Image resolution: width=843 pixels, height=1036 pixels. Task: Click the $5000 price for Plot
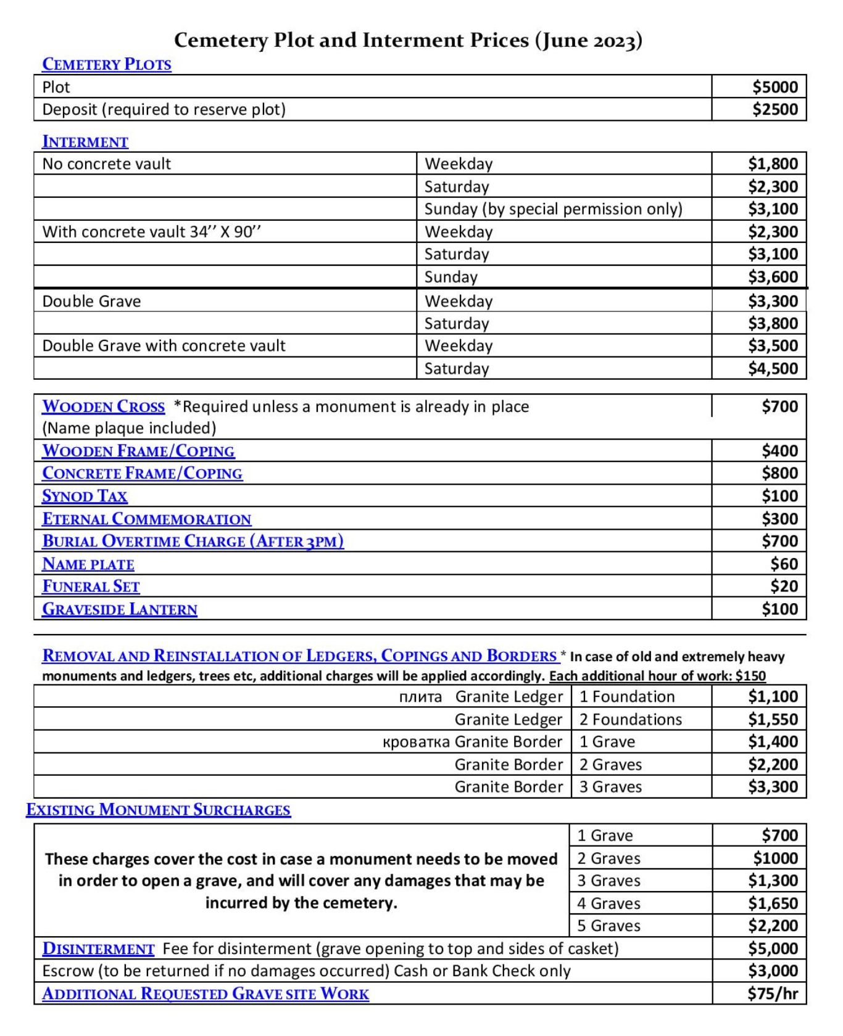tap(774, 87)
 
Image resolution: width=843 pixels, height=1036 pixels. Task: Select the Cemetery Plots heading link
tap(106, 64)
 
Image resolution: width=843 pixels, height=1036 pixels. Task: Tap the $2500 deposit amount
tap(774, 110)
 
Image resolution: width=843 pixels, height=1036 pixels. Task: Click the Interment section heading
tap(85, 142)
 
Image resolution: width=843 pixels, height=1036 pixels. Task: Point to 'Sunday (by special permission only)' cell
tap(553, 209)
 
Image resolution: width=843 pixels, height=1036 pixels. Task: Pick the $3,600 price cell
tap(773, 277)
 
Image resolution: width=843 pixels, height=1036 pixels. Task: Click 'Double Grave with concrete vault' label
tap(164, 346)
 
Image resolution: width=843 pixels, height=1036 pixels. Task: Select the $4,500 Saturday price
tap(773, 369)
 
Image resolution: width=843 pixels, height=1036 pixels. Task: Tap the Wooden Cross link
tap(103, 407)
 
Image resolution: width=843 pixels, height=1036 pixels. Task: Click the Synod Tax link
tap(85, 496)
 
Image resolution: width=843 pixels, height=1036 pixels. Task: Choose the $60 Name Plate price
tap(784, 564)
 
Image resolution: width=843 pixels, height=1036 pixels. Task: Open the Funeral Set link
tap(91, 586)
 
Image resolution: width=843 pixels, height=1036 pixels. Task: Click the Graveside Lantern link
tap(120, 609)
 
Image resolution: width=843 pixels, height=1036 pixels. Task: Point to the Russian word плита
tap(420, 697)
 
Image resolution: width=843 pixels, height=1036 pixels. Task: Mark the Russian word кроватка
tap(416, 742)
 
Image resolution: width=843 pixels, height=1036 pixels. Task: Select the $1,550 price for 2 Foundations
tap(773, 720)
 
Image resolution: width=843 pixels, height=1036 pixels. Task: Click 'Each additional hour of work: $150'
tap(657, 676)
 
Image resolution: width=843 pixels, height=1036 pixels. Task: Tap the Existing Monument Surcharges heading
tap(158, 810)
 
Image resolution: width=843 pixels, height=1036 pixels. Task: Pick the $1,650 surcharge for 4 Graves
tap(773, 903)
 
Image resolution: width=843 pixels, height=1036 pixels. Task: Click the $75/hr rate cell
tap(772, 993)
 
